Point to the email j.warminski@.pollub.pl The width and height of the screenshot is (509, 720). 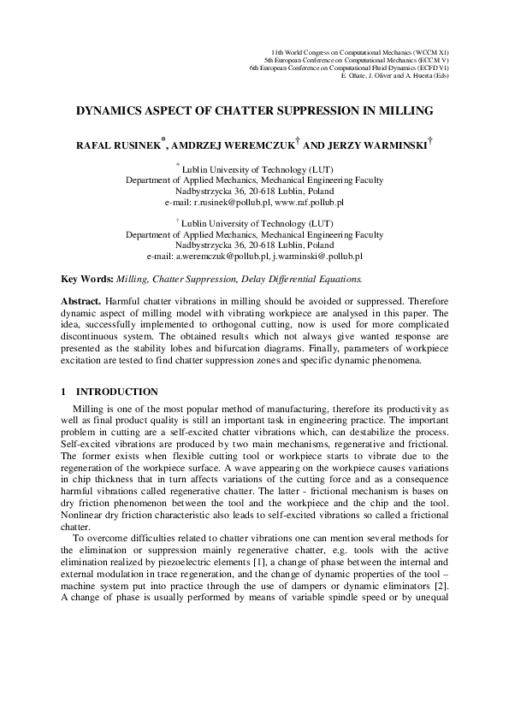(317, 255)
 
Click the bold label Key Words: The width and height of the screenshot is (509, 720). (88, 279)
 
